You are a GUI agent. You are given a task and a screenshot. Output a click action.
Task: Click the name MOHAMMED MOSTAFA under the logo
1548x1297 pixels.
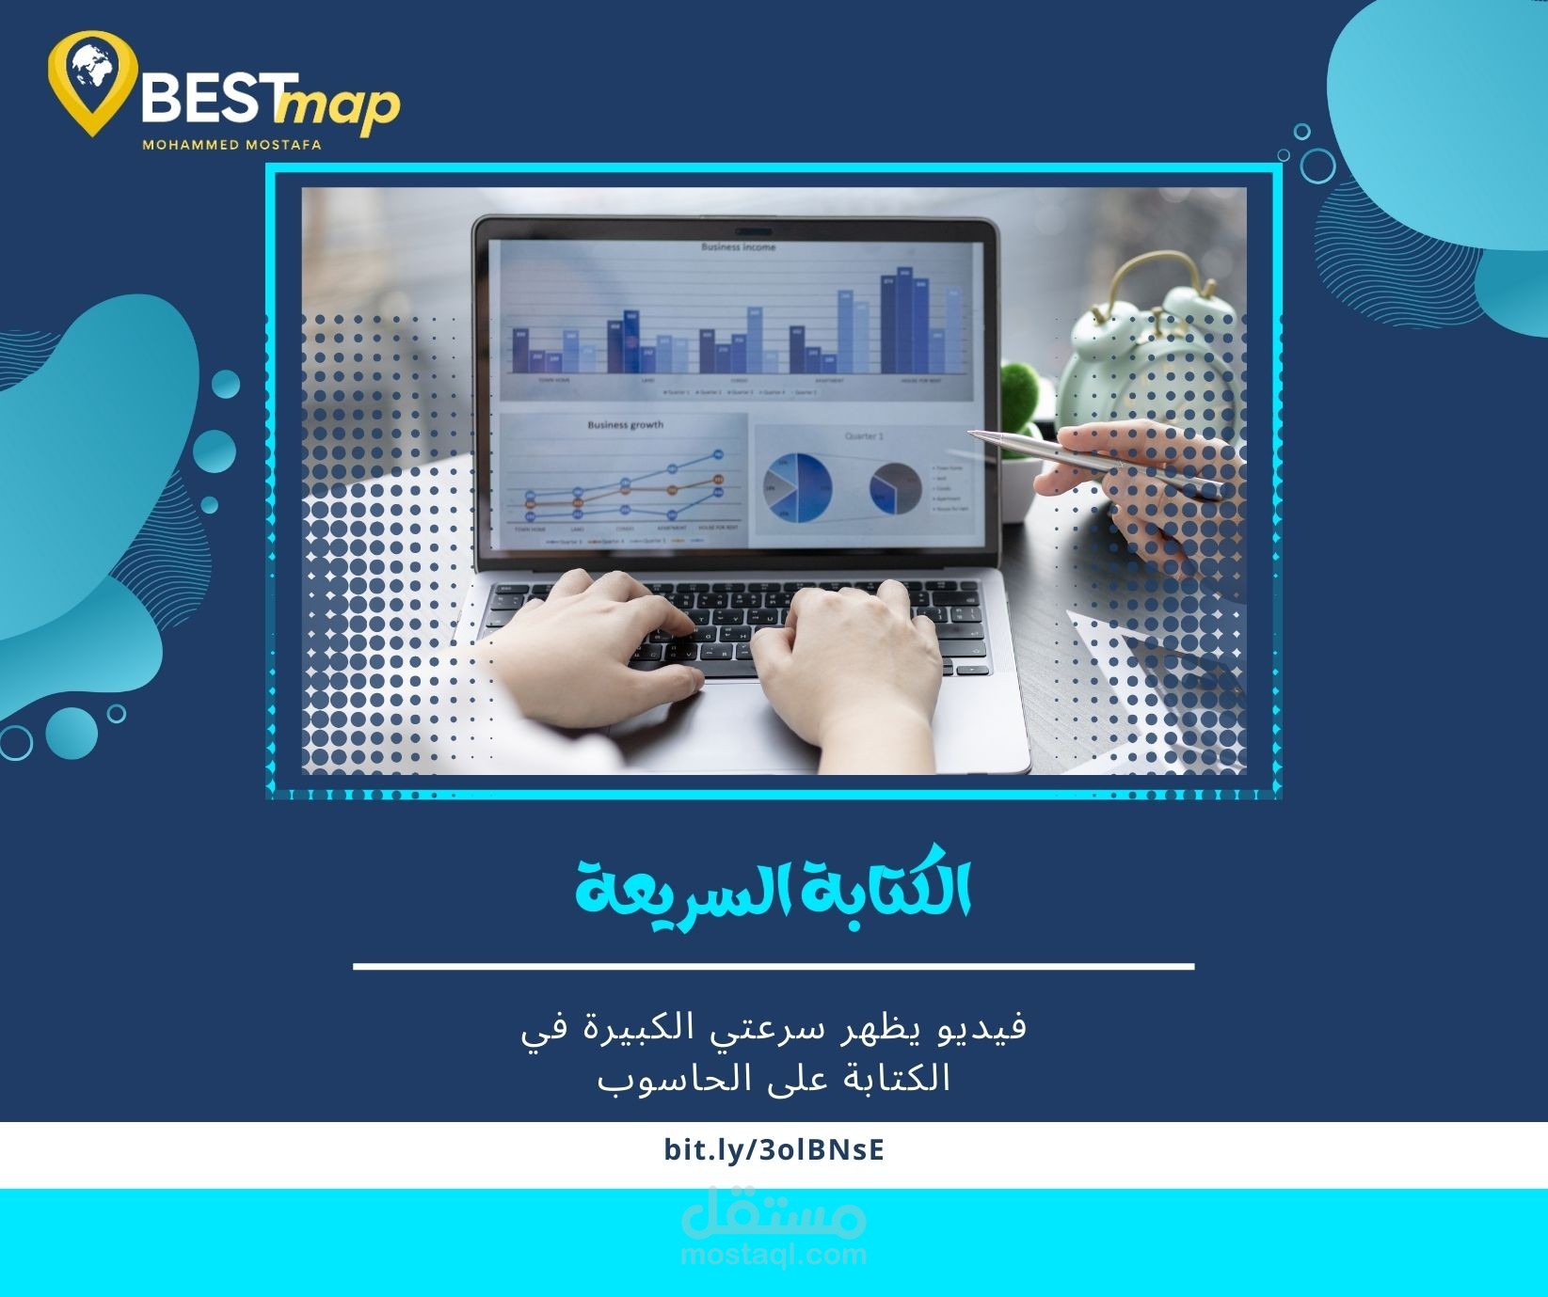point(231,145)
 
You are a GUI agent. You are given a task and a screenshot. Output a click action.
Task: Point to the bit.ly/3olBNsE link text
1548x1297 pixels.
point(774,1150)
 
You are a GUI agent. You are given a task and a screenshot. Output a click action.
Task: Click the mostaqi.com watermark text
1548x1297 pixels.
point(774,1254)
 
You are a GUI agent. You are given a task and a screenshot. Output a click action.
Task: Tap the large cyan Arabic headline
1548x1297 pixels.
point(774,888)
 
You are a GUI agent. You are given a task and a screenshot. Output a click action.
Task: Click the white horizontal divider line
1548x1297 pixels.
point(774,966)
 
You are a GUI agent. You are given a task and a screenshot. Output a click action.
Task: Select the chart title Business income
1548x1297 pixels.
point(738,247)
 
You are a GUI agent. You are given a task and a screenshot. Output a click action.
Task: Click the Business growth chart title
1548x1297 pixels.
point(626,425)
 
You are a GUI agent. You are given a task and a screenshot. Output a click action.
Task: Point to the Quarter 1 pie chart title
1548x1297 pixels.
point(864,436)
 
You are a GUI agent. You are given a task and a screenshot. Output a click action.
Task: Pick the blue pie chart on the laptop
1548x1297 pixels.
point(797,487)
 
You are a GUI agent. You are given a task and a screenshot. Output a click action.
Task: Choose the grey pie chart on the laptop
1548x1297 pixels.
point(895,488)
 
